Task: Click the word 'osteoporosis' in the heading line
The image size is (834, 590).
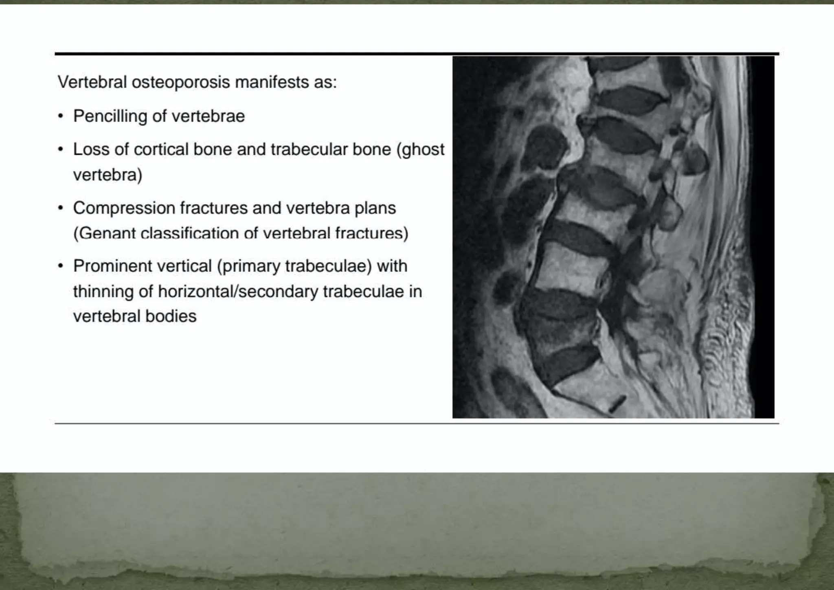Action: [181, 82]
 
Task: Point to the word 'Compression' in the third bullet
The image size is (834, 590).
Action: [124, 208]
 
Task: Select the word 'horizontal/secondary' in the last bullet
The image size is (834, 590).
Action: [238, 292]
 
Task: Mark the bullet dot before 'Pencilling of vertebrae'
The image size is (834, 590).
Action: [61, 117]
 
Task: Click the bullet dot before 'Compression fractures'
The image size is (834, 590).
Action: [61, 208]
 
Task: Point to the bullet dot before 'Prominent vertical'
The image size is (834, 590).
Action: [61, 267]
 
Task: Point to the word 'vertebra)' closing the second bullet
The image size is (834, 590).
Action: [108, 175]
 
